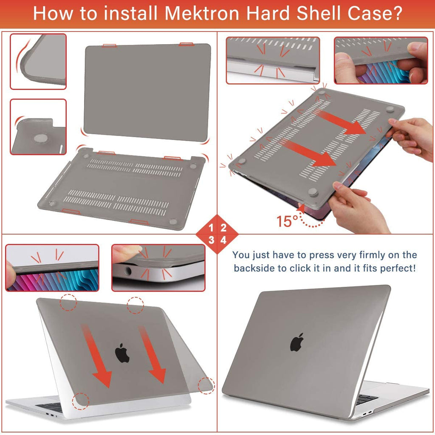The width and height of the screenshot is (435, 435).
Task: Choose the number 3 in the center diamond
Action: [x=211, y=240]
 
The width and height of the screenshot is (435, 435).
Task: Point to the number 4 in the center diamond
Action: [x=223, y=240]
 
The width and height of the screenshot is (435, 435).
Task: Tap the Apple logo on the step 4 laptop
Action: [x=297, y=342]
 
